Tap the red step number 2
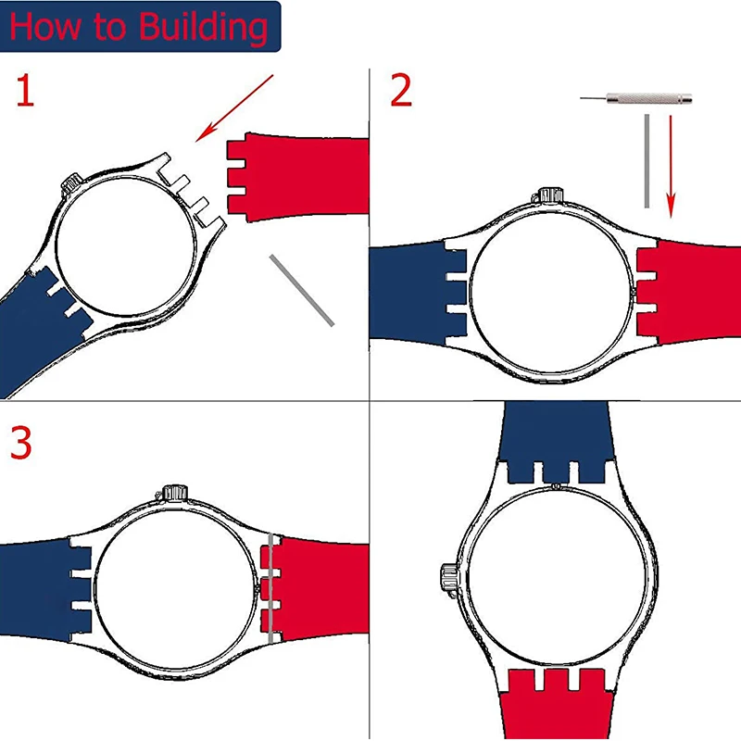pyautogui.click(x=400, y=92)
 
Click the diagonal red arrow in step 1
pyautogui.click(x=235, y=108)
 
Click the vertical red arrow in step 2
pyautogui.click(x=672, y=162)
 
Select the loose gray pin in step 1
pyautogui.click(x=302, y=289)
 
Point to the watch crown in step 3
pyautogui.click(x=173, y=492)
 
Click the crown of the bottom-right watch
pyautogui.click(x=446, y=578)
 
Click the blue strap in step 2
pyautogui.click(x=408, y=292)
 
